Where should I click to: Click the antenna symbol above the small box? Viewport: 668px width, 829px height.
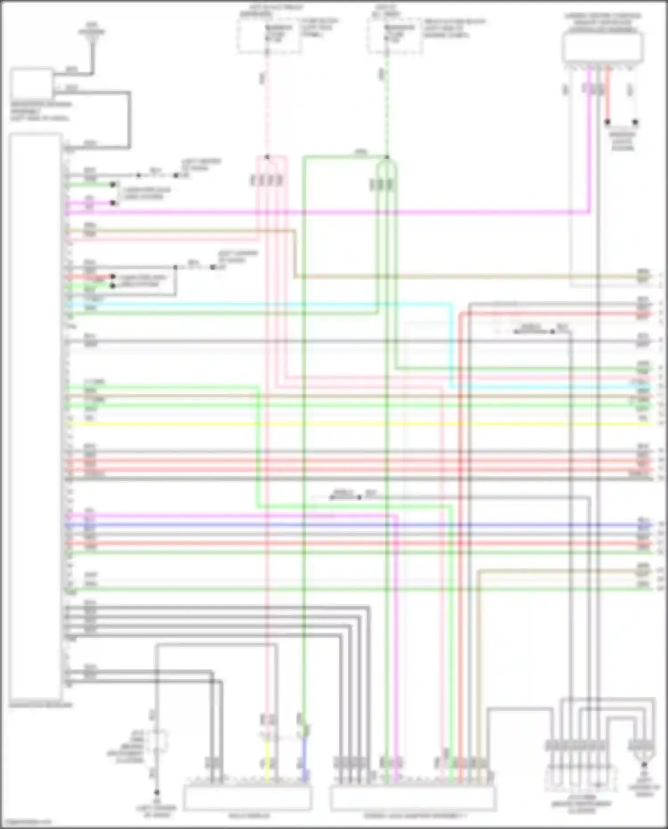tap(92, 37)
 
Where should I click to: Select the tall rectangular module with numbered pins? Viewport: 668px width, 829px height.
tap(36, 417)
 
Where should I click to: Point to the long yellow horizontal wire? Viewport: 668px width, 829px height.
tap(356, 424)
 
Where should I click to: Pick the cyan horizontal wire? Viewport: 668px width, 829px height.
tap(267, 305)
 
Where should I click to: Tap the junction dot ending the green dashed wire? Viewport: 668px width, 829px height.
tap(387, 157)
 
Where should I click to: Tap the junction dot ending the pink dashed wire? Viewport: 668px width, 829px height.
tap(267, 157)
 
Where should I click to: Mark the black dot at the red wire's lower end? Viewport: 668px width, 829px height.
tap(607, 122)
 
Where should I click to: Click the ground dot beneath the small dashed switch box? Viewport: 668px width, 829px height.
tap(157, 792)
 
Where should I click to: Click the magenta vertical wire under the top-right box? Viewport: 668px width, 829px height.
tap(589, 134)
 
